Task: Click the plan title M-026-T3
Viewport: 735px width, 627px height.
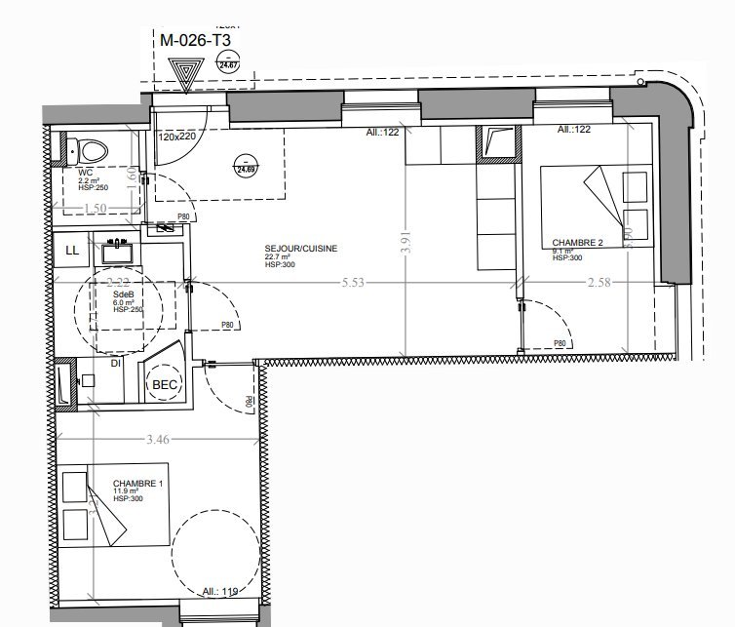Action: [x=195, y=41]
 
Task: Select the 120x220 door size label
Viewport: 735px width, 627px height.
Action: [x=177, y=137]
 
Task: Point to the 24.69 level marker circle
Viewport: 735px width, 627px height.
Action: [x=241, y=168]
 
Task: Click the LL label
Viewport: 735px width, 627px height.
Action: [x=71, y=251]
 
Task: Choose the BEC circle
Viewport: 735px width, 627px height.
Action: [x=162, y=384]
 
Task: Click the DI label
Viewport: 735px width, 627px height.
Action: [x=115, y=364]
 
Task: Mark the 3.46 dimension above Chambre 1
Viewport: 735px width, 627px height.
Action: [x=157, y=440]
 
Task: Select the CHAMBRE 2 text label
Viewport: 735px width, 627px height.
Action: [x=578, y=243]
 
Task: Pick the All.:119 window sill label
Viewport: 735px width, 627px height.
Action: [x=221, y=590]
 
